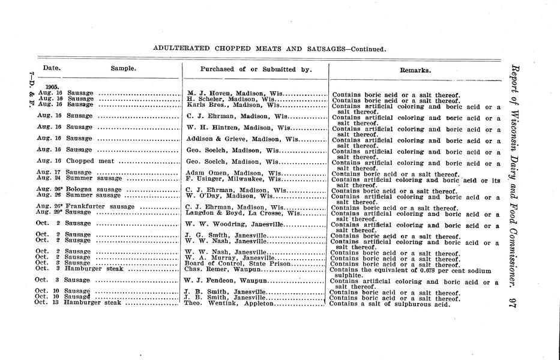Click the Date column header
click(52, 69)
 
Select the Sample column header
click(123, 69)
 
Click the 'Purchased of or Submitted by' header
click(256, 69)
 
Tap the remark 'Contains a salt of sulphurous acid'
click(390, 303)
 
